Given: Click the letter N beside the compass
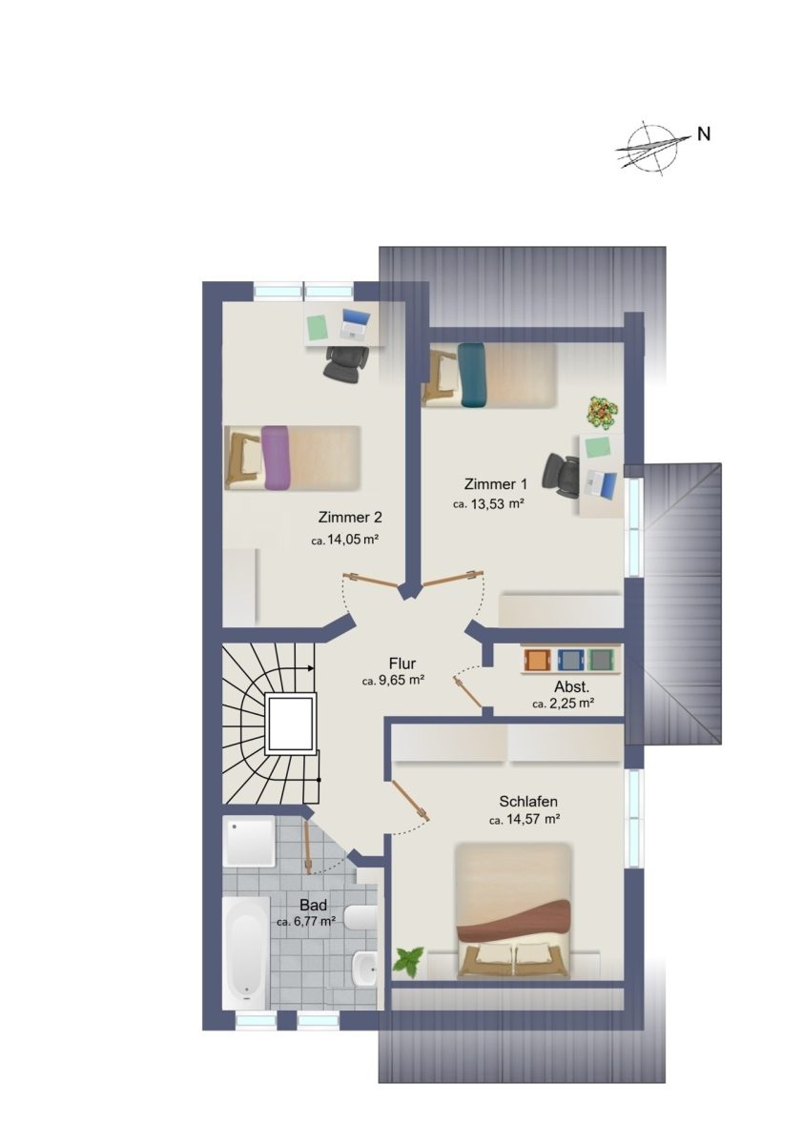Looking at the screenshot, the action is [x=704, y=133].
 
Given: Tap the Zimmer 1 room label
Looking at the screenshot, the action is [x=495, y=483].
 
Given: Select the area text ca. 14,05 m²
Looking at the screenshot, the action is [x=344, y=540].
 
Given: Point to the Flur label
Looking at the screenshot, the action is [x=402, y=664].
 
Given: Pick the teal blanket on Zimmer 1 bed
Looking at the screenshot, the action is [x=471, y=375].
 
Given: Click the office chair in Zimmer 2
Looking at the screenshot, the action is [x=346, y=363].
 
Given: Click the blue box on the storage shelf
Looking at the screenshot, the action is [x=568, y=660].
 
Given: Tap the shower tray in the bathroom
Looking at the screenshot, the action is [x=249, y=841].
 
